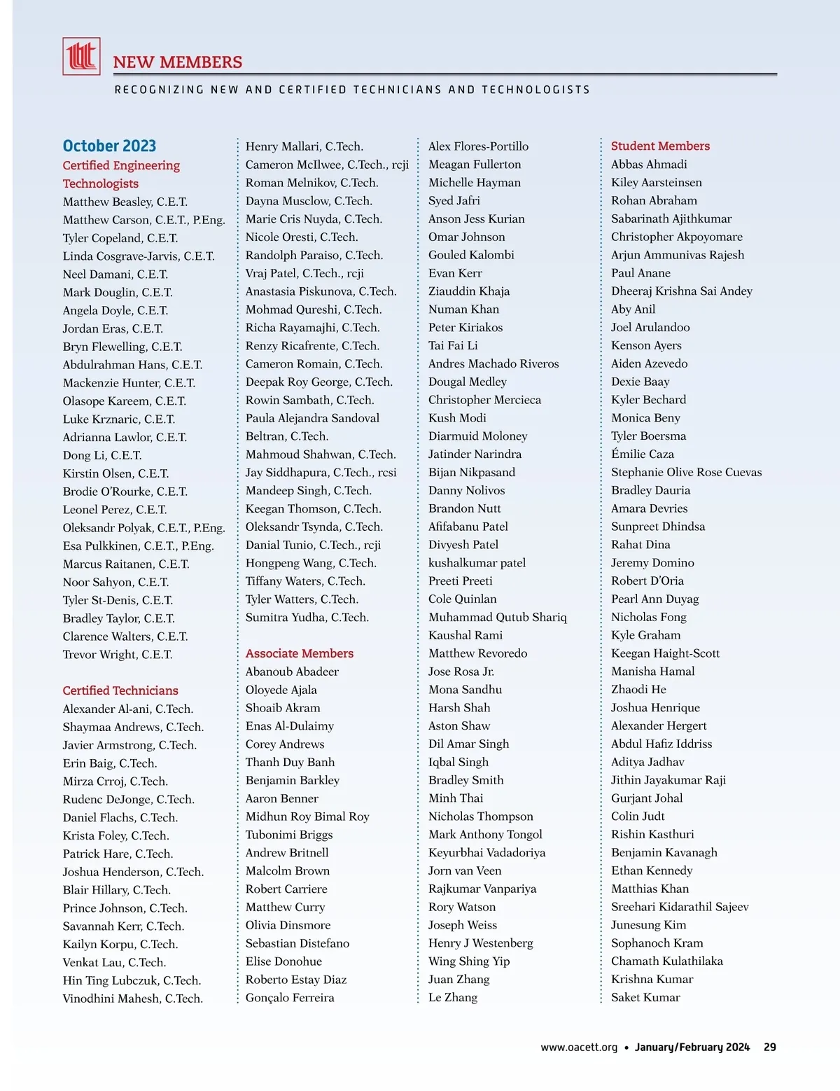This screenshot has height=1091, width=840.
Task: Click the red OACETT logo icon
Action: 81,56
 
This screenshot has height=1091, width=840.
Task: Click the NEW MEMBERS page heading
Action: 178,62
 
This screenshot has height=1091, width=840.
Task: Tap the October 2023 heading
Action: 109,146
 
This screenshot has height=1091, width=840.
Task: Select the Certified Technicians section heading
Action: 120,690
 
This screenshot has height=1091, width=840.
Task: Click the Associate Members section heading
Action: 300,653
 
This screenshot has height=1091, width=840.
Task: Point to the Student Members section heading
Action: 660,146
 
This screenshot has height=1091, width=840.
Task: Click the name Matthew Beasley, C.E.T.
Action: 125,202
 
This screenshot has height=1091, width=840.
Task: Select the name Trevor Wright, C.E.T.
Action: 118,655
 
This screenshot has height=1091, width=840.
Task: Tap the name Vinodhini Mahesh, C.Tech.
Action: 133,999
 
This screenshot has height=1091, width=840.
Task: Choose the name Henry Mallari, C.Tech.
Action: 304,146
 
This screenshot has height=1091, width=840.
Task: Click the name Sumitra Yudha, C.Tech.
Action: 307,618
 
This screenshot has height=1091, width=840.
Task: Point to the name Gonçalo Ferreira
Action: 290,998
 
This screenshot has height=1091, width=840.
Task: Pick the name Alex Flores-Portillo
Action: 479,146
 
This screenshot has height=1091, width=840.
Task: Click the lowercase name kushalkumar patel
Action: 477,563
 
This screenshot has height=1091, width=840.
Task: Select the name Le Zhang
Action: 453,998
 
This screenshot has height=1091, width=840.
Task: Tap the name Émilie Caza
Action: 643,454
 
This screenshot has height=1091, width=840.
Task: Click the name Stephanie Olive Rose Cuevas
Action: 686,473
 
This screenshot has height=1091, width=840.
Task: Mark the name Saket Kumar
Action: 645,998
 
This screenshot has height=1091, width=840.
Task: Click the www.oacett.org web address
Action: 579,1048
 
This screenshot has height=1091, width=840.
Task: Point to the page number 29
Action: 770,1048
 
